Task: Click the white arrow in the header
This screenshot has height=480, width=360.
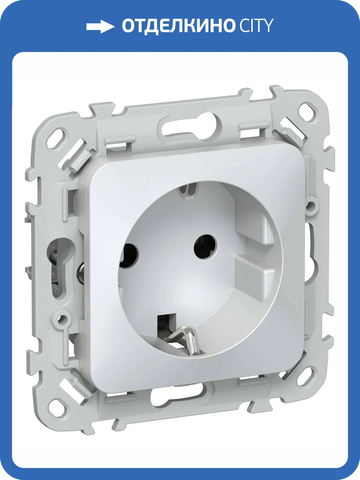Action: (100, 26)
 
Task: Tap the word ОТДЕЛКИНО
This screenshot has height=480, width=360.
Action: (178, 26)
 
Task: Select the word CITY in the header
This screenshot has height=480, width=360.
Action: (256, 26)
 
